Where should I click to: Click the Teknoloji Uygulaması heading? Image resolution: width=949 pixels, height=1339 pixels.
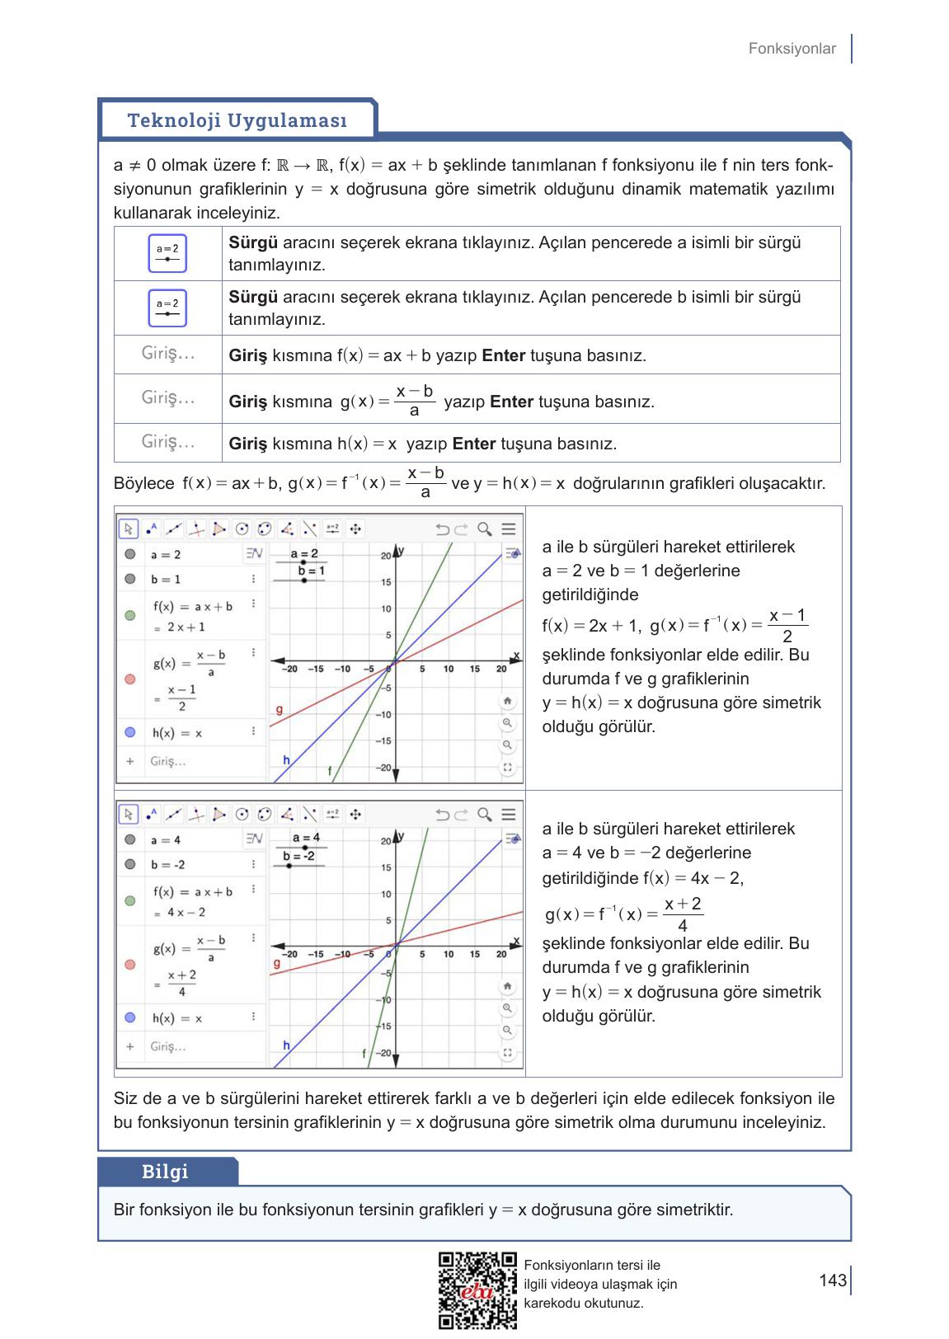coord(237,120)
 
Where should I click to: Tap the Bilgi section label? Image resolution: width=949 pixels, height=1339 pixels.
coord(165,1172)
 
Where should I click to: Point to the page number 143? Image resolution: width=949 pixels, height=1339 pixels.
coord(833,1280)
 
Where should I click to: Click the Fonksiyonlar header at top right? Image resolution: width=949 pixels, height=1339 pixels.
coord(792,49)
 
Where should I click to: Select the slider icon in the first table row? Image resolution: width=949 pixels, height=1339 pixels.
coord(167,253)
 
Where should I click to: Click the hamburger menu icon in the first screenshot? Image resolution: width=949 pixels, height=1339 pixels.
coord(509,529)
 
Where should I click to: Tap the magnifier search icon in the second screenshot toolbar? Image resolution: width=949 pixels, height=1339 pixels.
coord(485,815)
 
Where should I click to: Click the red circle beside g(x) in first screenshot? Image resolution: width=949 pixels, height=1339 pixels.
coord(129,679)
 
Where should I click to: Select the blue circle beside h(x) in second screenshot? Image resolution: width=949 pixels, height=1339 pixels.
coord(129,1017)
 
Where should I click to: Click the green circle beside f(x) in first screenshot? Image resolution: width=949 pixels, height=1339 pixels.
coord(129,615)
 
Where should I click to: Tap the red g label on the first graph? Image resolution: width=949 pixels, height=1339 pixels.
coord(279,709)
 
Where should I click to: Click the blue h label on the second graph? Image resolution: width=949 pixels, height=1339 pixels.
coord(286,1045)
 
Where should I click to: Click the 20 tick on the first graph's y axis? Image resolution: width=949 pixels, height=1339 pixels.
coord(385,557)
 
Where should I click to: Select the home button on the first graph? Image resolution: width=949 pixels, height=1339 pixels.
coord(507,701)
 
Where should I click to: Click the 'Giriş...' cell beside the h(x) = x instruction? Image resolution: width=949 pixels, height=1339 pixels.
coord(168,442)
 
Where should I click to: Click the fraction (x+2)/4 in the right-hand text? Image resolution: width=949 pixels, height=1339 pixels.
coord(682,914)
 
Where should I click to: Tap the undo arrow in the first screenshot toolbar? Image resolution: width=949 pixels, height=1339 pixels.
coord(443,529)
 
